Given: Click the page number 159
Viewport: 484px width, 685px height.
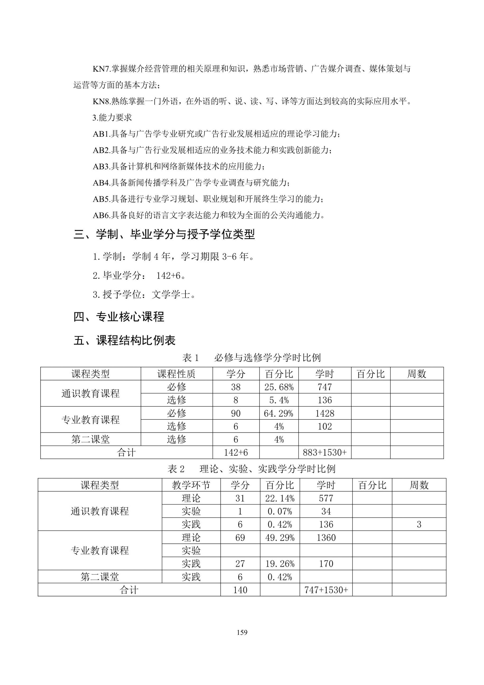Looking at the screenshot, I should click(x=242, y=641).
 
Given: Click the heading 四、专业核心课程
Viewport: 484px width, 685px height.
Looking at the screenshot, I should click(x=119, y=317).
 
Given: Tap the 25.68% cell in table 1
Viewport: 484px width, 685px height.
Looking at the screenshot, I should click(x=279, y=387).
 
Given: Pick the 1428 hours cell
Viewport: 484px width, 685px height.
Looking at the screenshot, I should click(x=325, y=413).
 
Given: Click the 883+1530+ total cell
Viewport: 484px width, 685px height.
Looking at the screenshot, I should click(x=325, y=453).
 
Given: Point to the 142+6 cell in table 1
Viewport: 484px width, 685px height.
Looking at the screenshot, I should click(x=236, y=453).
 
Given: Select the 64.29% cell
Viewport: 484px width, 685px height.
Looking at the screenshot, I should click(x=279, y=413).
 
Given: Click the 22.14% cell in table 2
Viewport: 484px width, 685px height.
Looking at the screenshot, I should click(x=280, y=498).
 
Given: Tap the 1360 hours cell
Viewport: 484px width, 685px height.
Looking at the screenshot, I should click(x=326, y=538).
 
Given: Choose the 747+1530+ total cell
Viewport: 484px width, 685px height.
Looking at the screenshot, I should click(x=326, y=590).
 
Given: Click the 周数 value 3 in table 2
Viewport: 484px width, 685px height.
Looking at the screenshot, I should click(x=419, y=525).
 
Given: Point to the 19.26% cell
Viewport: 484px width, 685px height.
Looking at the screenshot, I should click(x=280, y=564).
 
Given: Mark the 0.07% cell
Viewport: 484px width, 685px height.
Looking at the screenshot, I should click(x=280, y=511).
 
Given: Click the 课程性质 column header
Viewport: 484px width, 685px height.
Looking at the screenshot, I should click(x=176, y=374).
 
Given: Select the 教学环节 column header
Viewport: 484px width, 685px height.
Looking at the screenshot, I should click(x=191, y=485).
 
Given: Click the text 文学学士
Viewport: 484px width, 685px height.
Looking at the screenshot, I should click(x=171, y=295).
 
